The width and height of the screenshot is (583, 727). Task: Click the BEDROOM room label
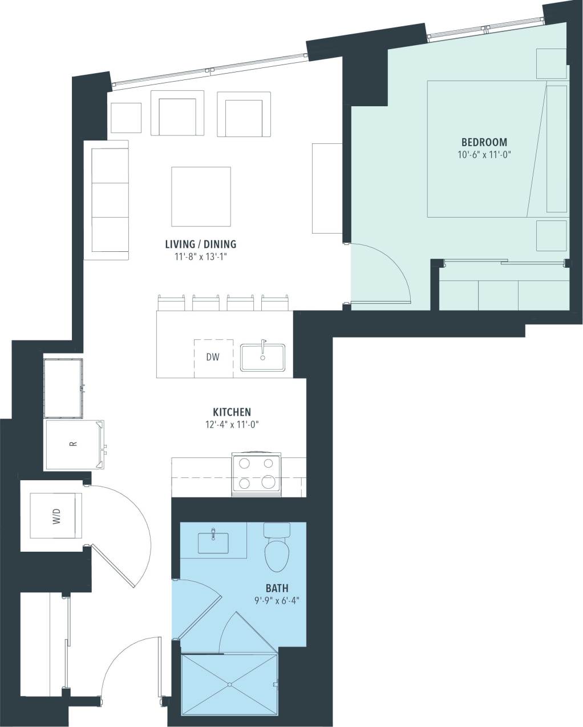click(484, 142)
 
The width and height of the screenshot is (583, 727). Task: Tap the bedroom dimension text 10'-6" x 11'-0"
click(484, 154)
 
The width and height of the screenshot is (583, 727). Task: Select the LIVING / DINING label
click(200, 244)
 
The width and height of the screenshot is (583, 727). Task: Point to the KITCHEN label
click(232, 412)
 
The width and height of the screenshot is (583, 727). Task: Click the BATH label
click(277, 588)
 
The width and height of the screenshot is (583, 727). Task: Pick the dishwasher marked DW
click(213, 358)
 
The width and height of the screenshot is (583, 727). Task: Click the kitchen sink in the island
click(262, 358)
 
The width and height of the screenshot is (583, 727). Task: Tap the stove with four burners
click(256, 474)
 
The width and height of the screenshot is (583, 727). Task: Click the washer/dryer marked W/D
click(56, 516)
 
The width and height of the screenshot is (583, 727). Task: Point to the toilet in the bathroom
click(277, 551)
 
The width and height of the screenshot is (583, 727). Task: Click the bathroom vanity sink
click(213, 543)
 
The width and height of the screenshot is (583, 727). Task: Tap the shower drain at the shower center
click(229, 684)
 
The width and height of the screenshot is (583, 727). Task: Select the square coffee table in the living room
click(201, 196)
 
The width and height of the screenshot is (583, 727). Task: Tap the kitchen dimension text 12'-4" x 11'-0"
click(232, 424)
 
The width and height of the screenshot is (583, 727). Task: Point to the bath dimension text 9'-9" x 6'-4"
click(277, 600)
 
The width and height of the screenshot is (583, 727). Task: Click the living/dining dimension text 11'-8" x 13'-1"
click(200, 257)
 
